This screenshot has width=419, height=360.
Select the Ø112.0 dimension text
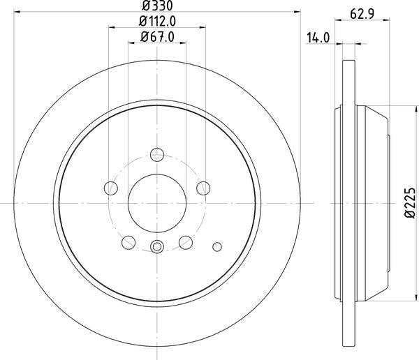[x=157, y=22]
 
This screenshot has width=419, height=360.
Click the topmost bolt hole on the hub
[x=157, y=154]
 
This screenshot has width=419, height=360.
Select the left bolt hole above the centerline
[x=110, y=188]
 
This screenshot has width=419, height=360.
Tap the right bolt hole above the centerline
[x=203, y=188]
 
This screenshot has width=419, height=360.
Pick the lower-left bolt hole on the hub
[x=128, y=241]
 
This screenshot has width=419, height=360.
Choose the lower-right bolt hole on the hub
[x=186, y=241]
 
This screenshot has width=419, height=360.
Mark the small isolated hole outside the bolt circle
[x=216, y=246]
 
